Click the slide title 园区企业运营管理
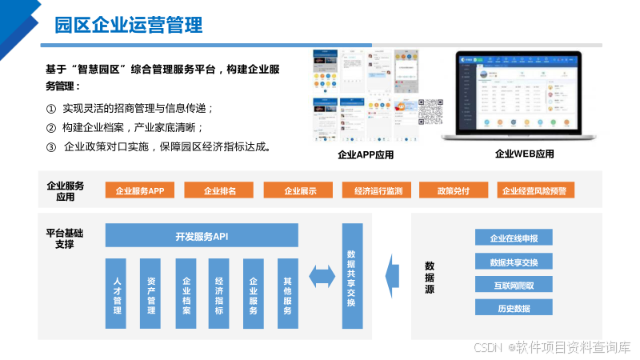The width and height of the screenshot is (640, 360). [128, 24]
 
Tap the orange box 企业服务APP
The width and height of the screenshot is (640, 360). [139, 190]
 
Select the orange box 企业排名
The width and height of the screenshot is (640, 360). [218, 190]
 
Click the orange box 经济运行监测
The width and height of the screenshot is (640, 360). [377, 190]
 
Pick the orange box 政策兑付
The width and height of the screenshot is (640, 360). [453, 190]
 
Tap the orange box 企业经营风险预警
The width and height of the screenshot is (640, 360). [533, 190]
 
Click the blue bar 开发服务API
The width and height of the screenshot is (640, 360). [202, 236]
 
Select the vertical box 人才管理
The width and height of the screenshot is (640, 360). [117, 294]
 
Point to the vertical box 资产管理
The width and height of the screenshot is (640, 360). [151, 294]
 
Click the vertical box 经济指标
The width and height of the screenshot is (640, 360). [219, 294]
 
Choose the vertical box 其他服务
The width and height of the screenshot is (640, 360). [287, 294]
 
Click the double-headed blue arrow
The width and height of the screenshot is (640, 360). [322, 276]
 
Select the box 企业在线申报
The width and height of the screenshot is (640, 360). [514, 238]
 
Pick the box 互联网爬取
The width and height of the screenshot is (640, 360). [514, 285]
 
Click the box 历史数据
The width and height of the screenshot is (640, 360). [514, 308]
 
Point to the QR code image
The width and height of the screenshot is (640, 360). [430, 112]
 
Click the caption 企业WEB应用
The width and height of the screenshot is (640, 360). [524, 154]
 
